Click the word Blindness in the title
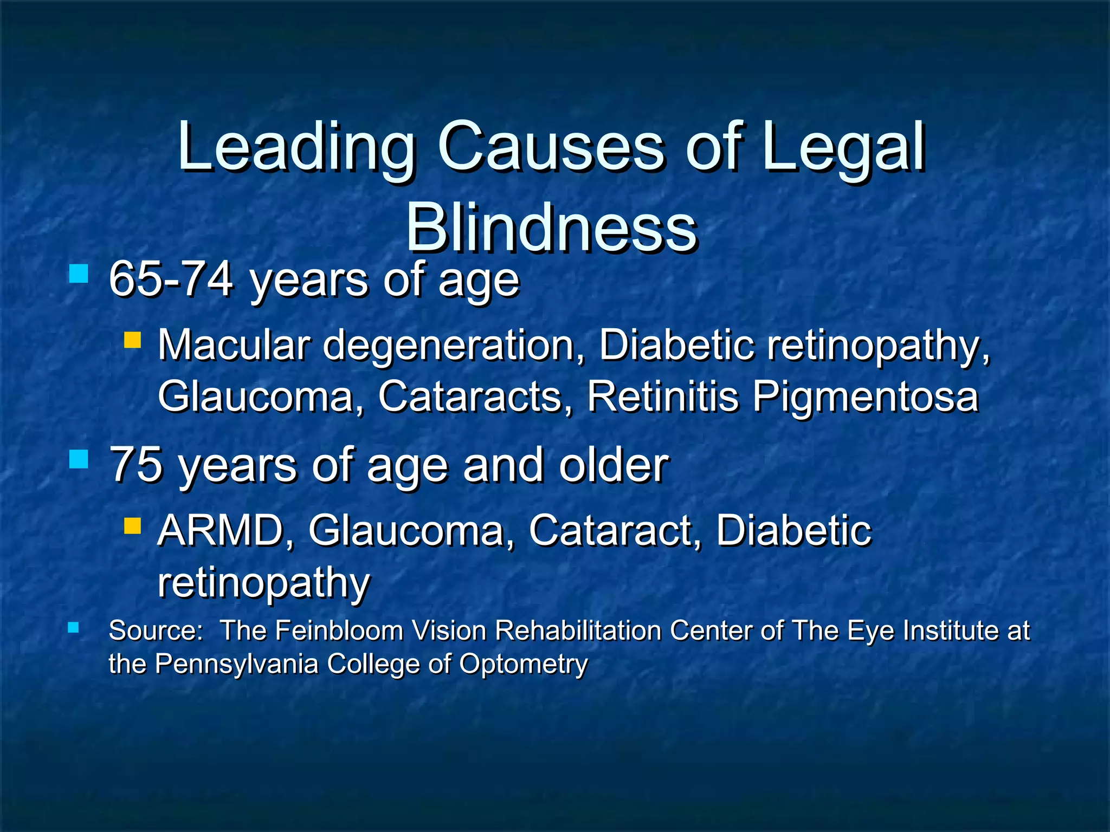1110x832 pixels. (x=551, y=227)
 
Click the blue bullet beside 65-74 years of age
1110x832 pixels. (x=79, y=274)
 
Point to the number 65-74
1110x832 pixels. (x=171, y=279)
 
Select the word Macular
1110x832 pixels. (x=234, y=345)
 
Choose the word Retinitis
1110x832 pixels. (x=663, y=396)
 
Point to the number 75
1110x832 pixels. (x=136, y=465)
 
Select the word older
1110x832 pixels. (x=614, y=465)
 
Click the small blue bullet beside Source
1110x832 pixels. (x=73, y=628)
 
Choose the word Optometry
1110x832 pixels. (x=524, y=664)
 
